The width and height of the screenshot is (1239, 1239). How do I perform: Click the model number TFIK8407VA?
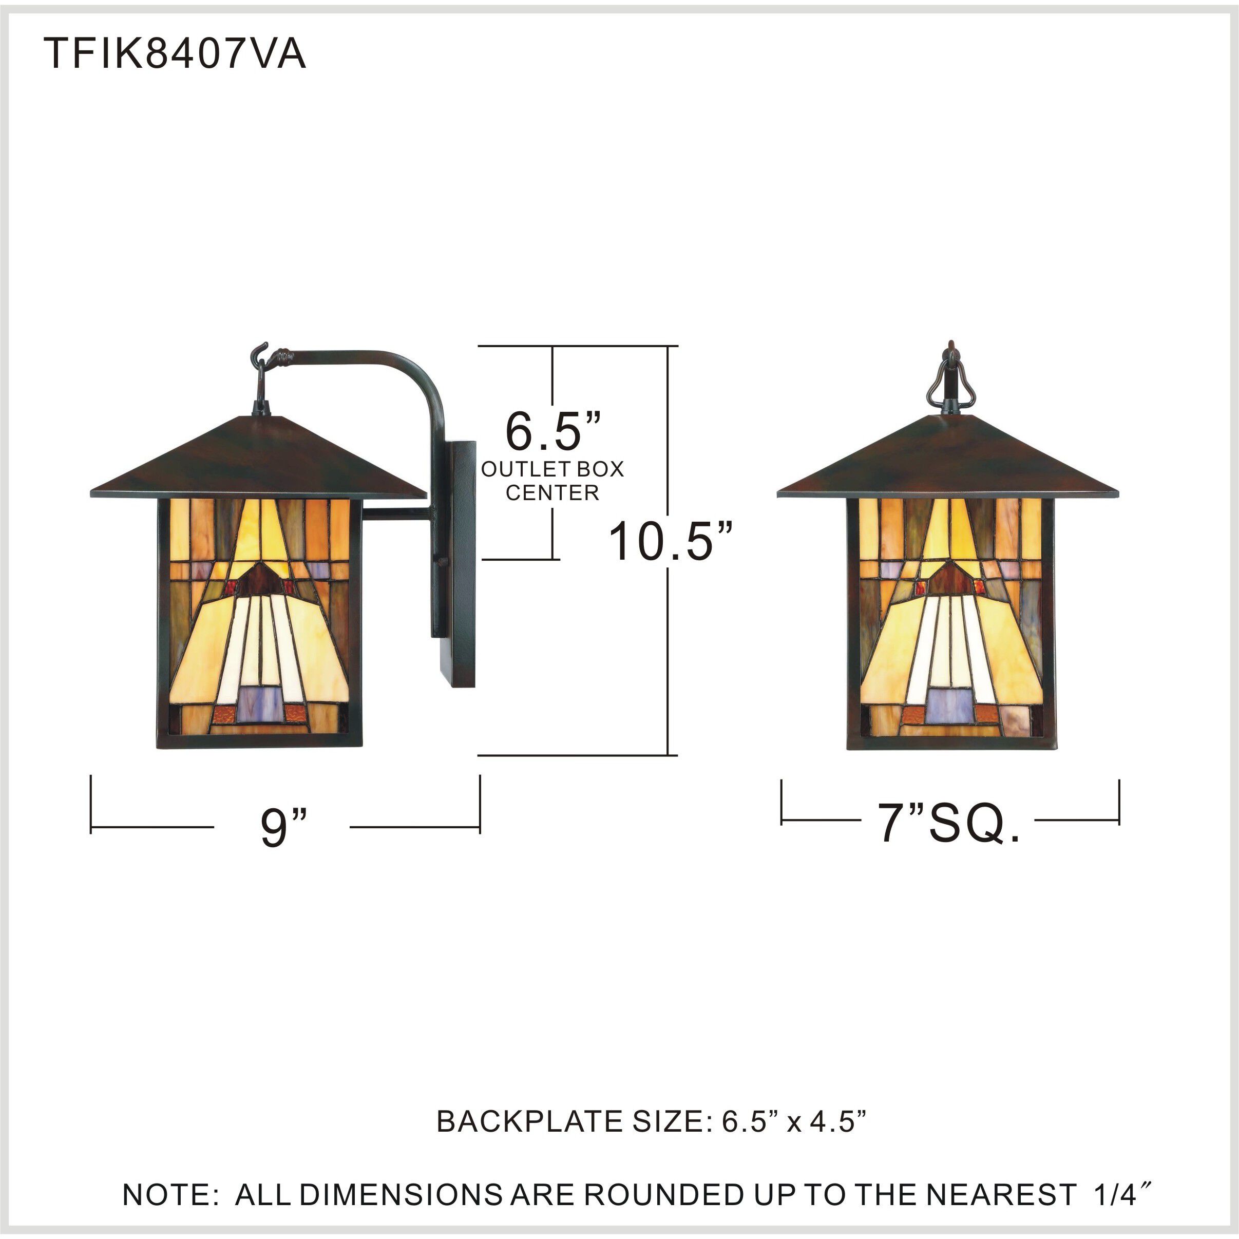(x=175, y=54)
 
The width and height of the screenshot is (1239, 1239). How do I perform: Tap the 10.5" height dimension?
(x=670, y=542)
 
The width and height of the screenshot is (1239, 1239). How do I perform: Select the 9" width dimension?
(x=283, y=827)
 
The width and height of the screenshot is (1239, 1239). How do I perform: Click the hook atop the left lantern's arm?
(x=259, y=351)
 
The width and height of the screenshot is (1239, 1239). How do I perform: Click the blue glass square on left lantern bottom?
(x=259, y=704)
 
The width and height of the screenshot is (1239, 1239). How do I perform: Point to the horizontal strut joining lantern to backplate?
(x=396, y=513)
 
